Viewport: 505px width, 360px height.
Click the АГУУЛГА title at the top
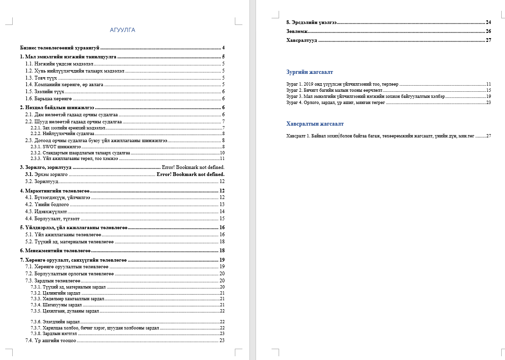(122, 30)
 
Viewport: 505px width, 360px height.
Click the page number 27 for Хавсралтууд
(488, 40)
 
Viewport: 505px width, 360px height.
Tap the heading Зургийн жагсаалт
(310, 72)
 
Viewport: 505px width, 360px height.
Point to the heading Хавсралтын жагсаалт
(315, 124)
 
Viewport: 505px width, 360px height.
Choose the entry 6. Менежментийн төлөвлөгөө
(56, 251)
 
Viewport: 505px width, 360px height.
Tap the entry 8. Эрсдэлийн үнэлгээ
(311, 23)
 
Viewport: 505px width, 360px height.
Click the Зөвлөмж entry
(297, 32)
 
